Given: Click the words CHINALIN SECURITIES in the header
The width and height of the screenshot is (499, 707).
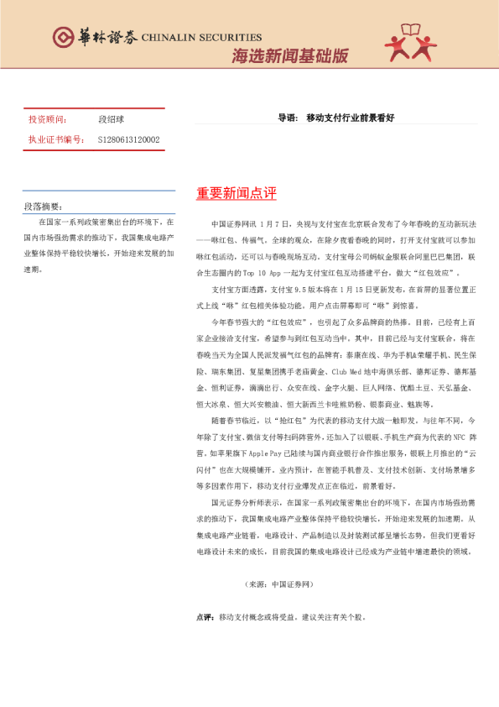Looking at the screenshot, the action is (201, 38).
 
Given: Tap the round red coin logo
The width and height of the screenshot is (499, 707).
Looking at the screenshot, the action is (63, 37).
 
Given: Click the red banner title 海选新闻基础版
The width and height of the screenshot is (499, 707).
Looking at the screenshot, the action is (289, 56).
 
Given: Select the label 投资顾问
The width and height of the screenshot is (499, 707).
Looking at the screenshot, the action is (47, 120).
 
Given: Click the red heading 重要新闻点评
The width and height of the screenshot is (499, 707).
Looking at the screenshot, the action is (236, 194).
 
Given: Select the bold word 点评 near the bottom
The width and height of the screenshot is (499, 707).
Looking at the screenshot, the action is (203, 616).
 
